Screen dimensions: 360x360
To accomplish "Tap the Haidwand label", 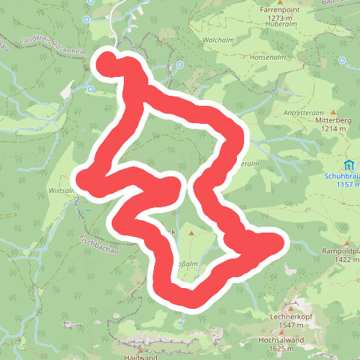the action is point(140,356).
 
